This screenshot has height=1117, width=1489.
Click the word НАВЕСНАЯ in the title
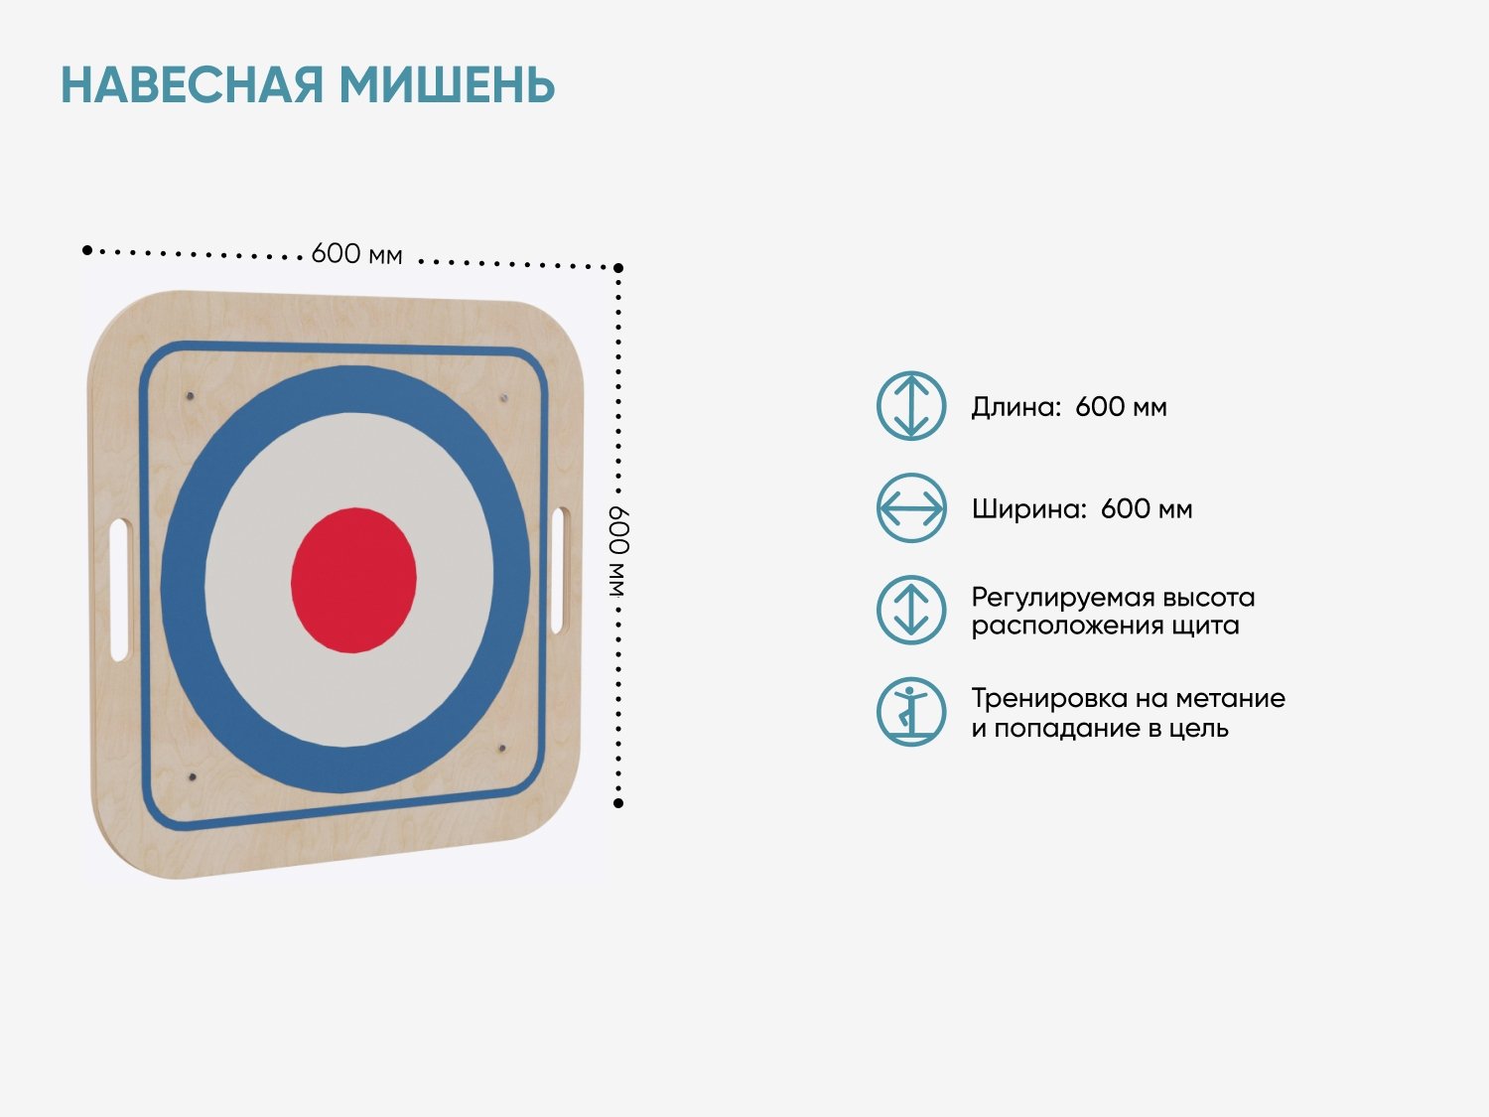click(x=192, y=85)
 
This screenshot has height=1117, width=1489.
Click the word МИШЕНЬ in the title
click(x=448, y=85)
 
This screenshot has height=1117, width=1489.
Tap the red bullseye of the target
click(x=353, y=580)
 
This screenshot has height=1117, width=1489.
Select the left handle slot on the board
click(x=120, y=590)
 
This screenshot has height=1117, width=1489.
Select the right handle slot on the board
click(x=559, y=570)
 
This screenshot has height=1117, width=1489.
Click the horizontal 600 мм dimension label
click(x=356, y=254)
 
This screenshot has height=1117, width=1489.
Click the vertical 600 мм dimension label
click(x=618, y=551)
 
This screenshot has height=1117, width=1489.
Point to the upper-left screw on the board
click(x=191, y=395)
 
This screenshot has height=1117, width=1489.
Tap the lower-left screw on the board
click(x=192, y=776)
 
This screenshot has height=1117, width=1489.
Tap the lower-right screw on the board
click(x=502, y=750)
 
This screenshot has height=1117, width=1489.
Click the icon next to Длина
click(x=911, y=405)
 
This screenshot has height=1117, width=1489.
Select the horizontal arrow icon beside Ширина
click(x=911, y=508)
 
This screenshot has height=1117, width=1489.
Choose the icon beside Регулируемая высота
click(x=911, y=610)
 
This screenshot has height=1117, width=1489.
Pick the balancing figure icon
click(x=911, y=712)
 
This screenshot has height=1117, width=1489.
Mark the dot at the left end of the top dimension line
click(x=86, y=250)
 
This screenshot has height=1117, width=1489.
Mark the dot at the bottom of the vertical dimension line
click(x=618, y=803)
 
